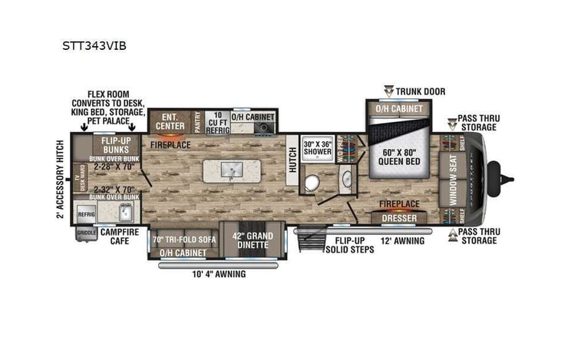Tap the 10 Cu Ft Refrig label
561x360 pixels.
pyautogui.click(x=216, y=121)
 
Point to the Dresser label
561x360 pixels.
pyautogui.click(x=398, y=219)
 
